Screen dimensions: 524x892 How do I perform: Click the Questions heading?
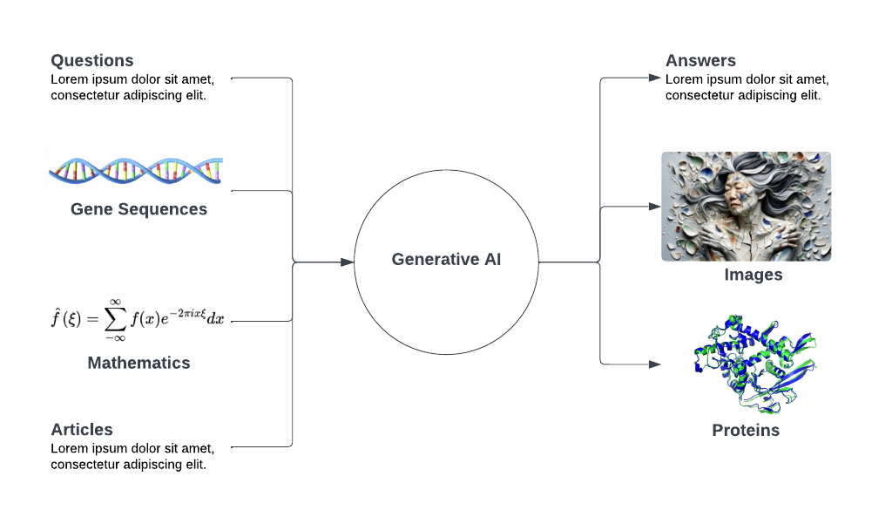pos(91,61)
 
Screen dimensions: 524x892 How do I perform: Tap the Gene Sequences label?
pos(139,209)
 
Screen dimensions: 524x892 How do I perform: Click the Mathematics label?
pos(139,363)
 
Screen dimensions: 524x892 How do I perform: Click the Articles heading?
pos(82,430)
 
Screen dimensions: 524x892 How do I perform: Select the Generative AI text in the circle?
pos(446,260)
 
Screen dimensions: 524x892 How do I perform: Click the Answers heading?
pos(700,61)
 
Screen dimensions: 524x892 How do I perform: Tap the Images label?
pos(753,276)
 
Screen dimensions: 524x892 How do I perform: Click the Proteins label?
pos(746,431)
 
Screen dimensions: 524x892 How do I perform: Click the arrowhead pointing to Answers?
pos(655,78)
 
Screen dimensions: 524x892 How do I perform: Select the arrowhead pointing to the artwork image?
pos(655,207)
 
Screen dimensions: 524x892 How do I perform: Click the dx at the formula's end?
pos(215,319)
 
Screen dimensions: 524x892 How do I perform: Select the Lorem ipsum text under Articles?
pos(132,456)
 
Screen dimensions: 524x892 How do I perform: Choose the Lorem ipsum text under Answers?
pos(747,87)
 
